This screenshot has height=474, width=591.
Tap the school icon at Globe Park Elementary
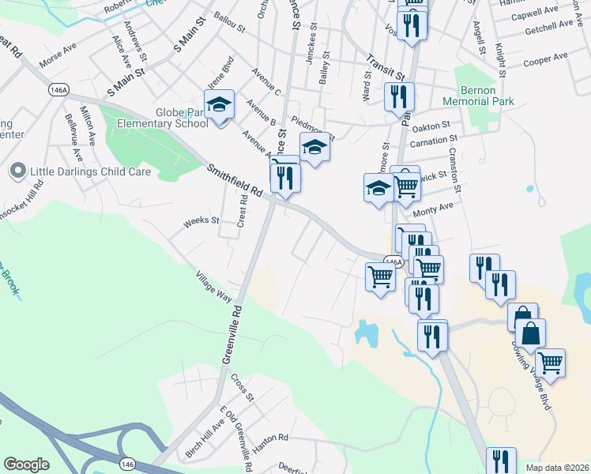pos(220,104)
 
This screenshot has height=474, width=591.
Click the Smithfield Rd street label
pos(234,180)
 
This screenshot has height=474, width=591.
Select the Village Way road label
pos(214,286)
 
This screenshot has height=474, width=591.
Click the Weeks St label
pos(201,222)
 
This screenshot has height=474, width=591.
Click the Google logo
pos(26,465)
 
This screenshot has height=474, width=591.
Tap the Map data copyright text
pos(557,468)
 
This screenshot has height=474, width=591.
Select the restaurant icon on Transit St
pos(399,98)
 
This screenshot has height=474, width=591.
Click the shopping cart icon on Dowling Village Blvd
pos(550,363)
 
